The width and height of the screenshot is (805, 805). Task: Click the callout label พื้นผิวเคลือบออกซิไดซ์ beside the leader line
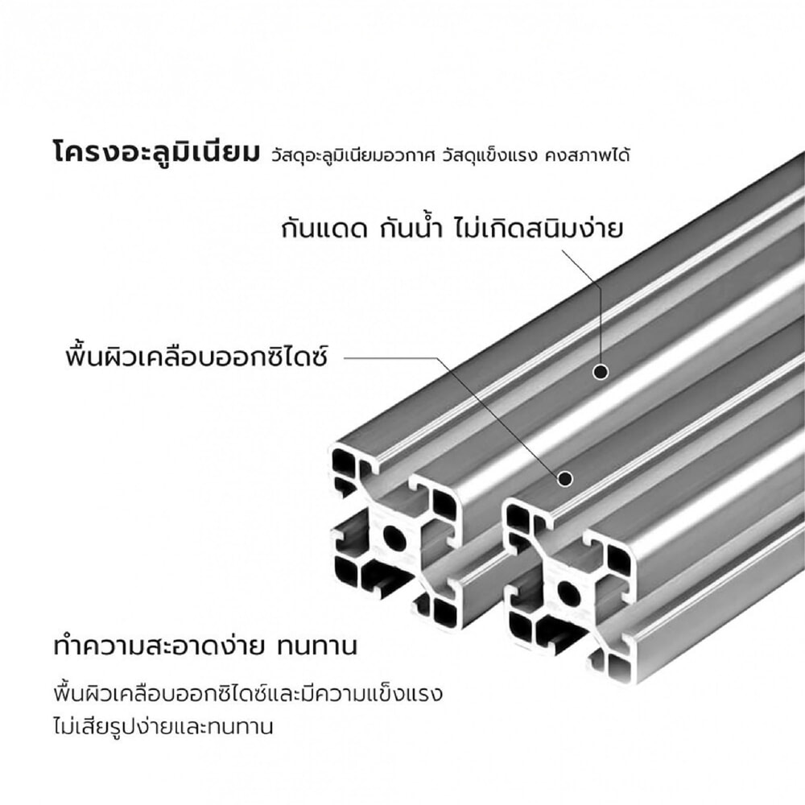[x=196, y=355]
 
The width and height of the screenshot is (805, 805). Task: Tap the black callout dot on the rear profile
[x=600, y=371]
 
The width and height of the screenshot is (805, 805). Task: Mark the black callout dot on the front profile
[x=565, y=479]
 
